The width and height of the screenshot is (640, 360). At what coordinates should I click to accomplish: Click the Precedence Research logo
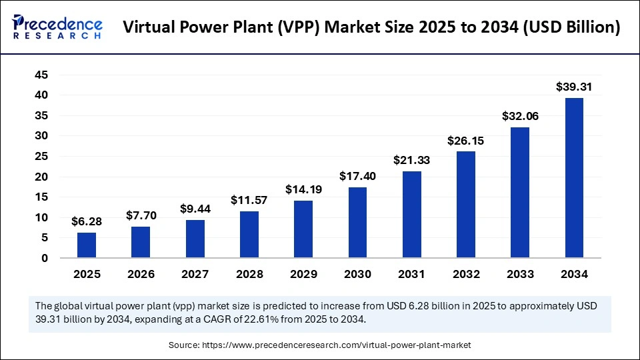pos(57,27)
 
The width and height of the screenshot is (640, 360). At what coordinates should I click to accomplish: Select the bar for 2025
pos(87,245)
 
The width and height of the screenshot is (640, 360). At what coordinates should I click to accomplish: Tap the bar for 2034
pos(574,178)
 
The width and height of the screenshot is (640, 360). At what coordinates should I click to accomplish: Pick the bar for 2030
pos(357,223)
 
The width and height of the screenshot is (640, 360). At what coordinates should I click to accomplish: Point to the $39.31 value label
pos(574,87)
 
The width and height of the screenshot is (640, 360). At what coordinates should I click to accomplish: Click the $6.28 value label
pos(87,221)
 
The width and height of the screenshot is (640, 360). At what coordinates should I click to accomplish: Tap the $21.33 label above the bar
pos(411,159)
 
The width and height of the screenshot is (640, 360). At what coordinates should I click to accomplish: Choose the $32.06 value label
pos(520,116)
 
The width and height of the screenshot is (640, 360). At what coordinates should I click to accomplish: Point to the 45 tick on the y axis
pos(41,75)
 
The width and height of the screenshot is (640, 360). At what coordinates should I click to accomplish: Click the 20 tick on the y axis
pos(41,177)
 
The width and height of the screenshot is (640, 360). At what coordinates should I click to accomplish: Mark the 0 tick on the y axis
pos(44,258)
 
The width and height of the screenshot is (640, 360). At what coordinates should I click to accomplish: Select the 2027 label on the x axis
pos(195,274)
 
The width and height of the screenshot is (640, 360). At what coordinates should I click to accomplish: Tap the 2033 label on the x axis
pos(520,274)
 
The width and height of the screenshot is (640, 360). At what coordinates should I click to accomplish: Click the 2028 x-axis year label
pos(249,274)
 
